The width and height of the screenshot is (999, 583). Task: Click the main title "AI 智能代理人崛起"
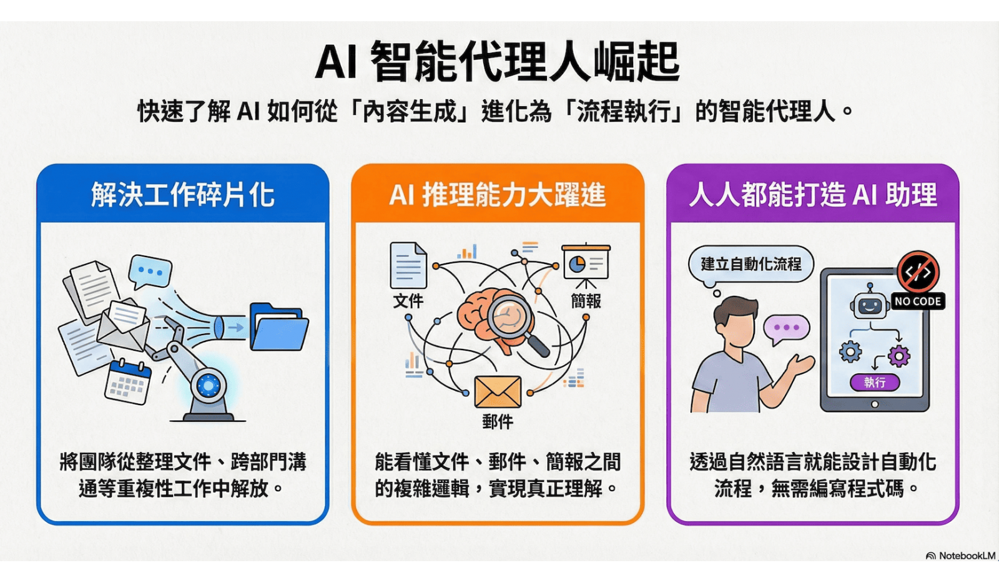tap(497, 62)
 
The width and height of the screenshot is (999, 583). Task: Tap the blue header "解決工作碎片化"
tap(182, 195)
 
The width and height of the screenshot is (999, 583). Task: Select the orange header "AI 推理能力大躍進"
tap(497, 195)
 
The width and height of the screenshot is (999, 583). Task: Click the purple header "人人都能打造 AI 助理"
tap(812, 195)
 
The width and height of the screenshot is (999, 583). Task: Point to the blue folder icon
tap(278, 327)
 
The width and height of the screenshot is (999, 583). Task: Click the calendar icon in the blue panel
tap(128, 381)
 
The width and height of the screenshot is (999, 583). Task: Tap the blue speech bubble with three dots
tap(150, 272)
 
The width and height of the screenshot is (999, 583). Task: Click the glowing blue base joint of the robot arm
tap(209, 386)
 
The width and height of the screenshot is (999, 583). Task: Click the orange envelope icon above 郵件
tap(498, 392)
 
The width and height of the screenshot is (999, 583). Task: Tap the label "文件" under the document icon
tap(408, 301)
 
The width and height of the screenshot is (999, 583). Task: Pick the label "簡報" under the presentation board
tap(586, 301)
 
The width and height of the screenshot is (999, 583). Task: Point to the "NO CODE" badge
tap(917, 301)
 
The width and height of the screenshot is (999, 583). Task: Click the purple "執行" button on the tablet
tap(874, 382)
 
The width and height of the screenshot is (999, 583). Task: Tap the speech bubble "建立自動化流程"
tap(751, 264)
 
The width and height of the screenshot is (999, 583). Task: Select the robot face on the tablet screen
tap(869, 305)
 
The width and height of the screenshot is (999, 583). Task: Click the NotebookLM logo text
tap(967, 556)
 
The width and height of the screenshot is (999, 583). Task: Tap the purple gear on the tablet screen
tap(899, 356)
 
